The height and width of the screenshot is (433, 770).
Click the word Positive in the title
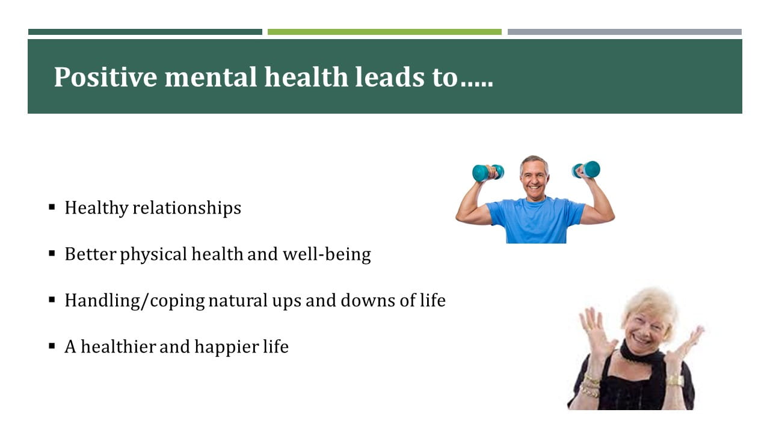[x=105, y=78]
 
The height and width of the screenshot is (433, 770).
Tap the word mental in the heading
[x=211, y=78]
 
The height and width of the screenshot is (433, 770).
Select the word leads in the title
[x=389, y=77]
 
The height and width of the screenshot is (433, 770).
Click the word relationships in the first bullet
[x=187, y=208]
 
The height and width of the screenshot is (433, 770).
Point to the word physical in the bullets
[x=153, y=255]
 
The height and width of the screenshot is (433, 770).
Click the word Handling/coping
[x=135, y=301]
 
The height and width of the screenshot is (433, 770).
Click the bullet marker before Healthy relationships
[x=52, y=207]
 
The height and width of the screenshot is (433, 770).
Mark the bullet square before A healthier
[x=52, y=346]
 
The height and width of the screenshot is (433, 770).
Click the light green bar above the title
[x=384, y=32]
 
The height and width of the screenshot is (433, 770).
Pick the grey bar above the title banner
[x=624, y=32]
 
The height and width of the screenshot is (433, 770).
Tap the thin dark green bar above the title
[x=145, y=32]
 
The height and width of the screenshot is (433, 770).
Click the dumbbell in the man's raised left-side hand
[x=488, y=173]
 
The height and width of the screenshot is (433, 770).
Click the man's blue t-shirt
[x=535, y=220]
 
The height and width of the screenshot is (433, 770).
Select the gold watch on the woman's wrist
[x=676, y=381]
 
